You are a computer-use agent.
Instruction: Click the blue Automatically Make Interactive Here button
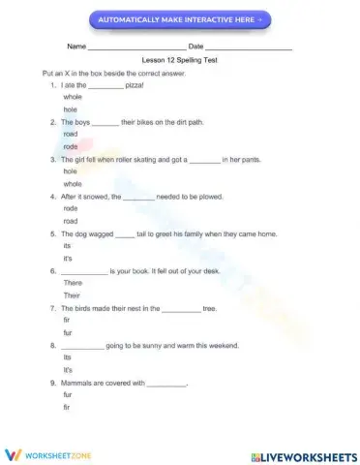[180, 19]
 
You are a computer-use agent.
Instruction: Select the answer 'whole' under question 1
[72, 98]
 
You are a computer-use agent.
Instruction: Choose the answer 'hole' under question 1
[70, 109]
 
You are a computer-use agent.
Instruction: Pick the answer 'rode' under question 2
[70, 146]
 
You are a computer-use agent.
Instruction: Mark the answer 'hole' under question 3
[70, 170]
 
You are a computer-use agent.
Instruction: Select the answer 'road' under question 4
[70, 220]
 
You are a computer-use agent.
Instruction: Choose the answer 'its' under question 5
[67, 245]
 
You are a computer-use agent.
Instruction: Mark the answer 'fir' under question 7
[66, 320]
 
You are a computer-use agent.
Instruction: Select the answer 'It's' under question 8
[67, 369]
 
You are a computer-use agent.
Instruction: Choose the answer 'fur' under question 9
[67, 394]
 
